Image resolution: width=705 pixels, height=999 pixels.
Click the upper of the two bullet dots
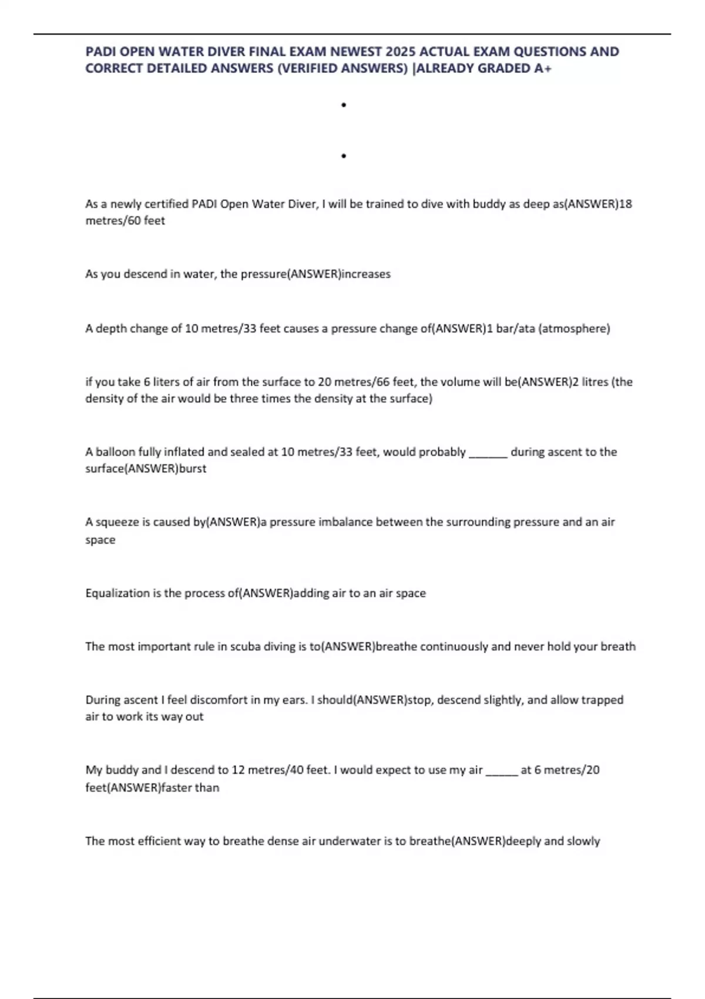[344, 105]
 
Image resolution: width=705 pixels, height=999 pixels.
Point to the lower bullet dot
[344, 156]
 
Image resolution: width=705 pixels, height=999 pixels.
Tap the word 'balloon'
[115, 452]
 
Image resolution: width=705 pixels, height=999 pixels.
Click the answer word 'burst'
[193, 469]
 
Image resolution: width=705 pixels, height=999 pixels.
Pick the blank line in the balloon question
[488, 453]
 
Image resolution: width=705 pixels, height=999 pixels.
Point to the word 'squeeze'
[117, 522]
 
